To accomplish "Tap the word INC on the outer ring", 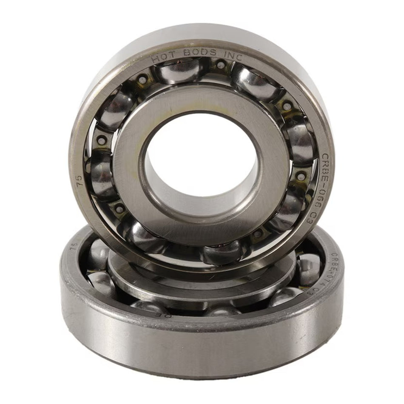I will click(232, 54).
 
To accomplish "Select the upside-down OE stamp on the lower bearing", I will click(169, 316).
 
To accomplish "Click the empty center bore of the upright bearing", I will click(200, 155).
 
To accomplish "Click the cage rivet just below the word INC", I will click(221, 65).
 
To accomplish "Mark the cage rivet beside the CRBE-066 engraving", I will click(301, 176).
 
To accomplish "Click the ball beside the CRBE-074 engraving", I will click(309, 268).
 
